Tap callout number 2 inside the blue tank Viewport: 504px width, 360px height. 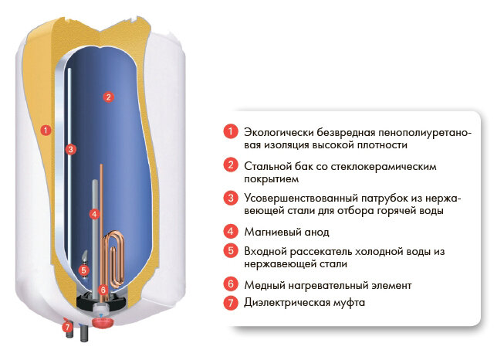tap(109, 97)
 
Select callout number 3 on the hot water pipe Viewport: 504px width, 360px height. tap(70, 149)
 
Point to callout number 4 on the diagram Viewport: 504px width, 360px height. tap(93, 213)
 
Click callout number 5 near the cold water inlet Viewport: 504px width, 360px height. tap(83, 270)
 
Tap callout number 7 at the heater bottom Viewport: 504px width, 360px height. tap(67, 327)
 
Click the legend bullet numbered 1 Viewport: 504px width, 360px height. tap(229, 131)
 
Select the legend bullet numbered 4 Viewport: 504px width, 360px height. tap(229, 231)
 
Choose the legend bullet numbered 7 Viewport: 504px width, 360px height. tap(229, 303)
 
